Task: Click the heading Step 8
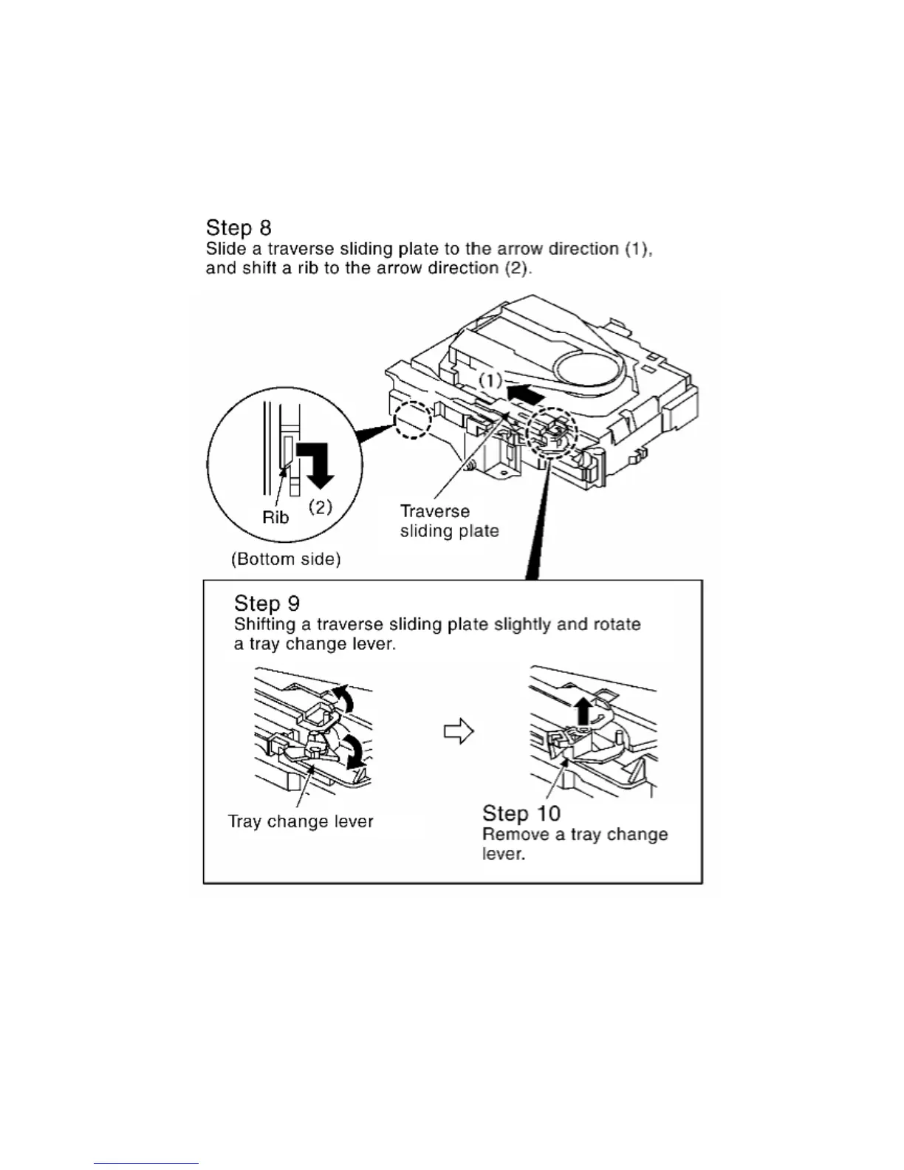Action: coord(239,227)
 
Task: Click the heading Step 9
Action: coord(267,603)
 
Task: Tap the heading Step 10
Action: coord(521,813)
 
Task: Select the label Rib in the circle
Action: coord(275,517)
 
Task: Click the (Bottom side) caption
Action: coord(286,559)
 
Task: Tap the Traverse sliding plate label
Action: coord(449,521)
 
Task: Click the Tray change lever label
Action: coord(301,821)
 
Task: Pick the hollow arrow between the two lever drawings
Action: coord(458,731)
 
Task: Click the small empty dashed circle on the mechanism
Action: coord(412,420)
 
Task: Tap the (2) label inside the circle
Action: coord(320,507)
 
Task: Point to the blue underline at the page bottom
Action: coord(145,1164)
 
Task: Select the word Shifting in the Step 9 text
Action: coord(264,624)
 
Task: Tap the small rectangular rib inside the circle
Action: coord(287,451)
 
